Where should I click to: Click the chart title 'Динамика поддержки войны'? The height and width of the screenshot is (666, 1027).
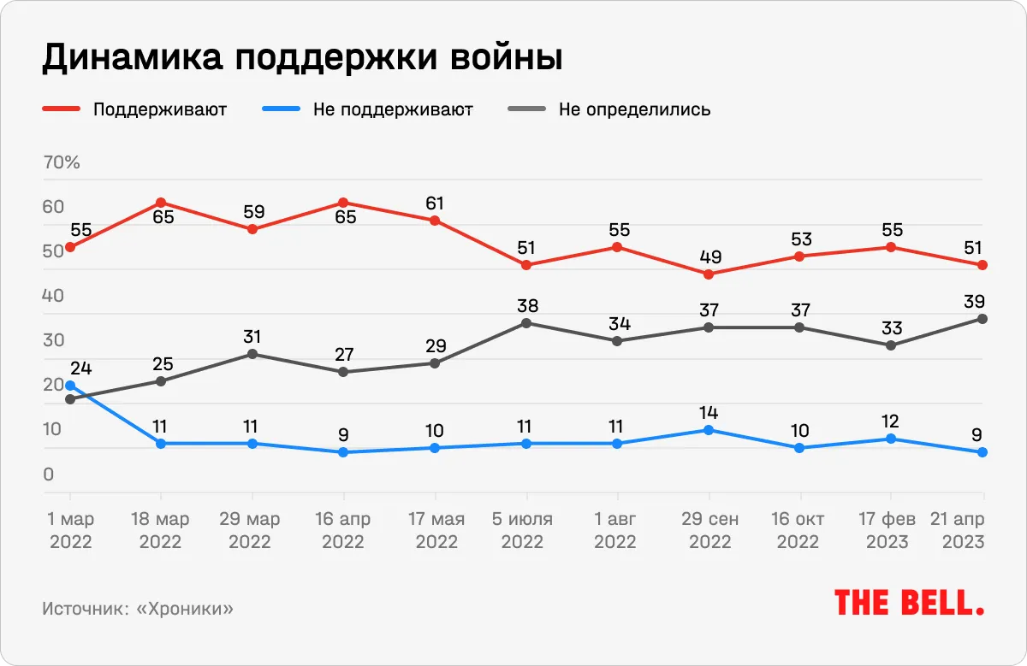click(302, 58)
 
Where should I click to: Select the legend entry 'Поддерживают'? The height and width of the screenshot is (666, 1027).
click(159, 109)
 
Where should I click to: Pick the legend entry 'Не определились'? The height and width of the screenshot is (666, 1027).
click(634, 109)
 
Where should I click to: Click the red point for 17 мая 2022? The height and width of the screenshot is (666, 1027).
click(435, 221)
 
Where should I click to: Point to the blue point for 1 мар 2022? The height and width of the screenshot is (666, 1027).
click(70, 386)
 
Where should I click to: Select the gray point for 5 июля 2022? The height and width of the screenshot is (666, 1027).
click(526, 323)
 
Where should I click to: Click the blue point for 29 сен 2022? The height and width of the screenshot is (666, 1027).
click(709, 430)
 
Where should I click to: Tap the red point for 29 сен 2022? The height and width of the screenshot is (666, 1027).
click(709, 274)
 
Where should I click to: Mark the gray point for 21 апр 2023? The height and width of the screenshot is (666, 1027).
click(982, 319)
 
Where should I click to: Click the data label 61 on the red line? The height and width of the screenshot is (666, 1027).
click(435, 203)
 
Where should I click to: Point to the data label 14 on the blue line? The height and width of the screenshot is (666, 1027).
click(709, 413)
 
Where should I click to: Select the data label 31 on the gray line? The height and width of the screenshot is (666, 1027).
click(252, 336)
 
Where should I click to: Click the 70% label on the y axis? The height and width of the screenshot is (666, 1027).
click(61, 162)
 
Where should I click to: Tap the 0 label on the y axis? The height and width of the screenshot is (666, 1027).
click(49, 474)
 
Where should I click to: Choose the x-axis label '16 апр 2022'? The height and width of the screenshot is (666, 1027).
click(343, 530)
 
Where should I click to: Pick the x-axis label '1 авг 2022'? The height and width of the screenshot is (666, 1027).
click(617, 530)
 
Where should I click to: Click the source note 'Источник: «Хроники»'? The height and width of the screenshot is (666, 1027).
click(137, 609)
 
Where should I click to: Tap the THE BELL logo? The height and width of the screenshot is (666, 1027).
click(909, 603)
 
